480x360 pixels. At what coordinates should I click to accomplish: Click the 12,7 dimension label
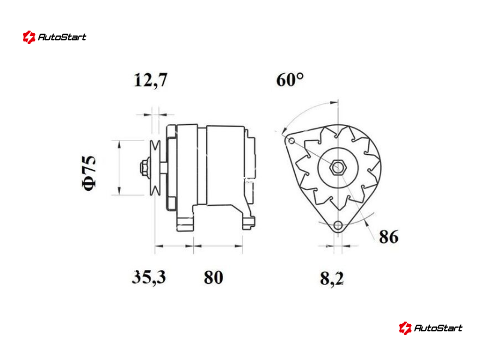(151, 80)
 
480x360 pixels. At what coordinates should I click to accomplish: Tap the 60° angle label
(290, 80)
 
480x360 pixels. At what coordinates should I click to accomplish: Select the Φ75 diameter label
(89, 173)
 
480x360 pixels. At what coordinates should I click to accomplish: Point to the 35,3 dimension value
(149, 277)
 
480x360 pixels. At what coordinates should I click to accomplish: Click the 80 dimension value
(214, 277)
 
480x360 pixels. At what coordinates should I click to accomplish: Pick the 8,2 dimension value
(332, 278)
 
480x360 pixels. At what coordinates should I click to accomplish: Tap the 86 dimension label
(389, 236)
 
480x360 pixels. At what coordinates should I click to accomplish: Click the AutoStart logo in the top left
(55, 37)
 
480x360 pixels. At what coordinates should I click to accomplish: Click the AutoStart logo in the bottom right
(430, 328)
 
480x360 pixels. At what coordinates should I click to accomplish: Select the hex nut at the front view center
(338, 167)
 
